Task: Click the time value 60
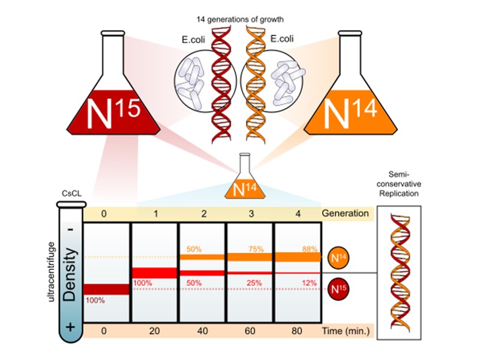click(x=250, y=331)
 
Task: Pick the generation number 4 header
click(x=298, y=213)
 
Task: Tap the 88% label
click(x=308, y=248)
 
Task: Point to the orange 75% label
click(x=259, y=248)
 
